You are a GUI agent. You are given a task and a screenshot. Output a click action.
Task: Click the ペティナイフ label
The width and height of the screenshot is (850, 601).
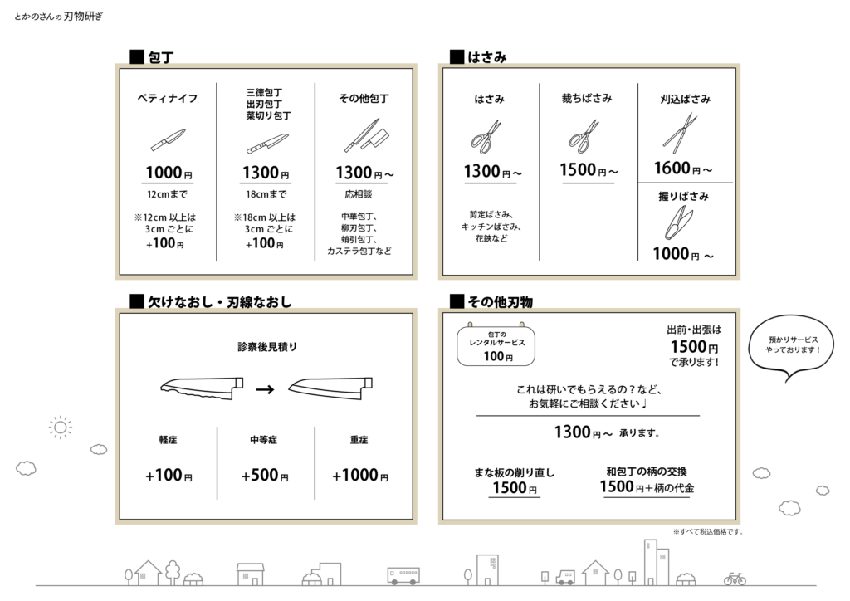pos(167,98)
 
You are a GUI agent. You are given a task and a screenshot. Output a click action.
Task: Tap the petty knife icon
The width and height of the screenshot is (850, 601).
pos(168,139)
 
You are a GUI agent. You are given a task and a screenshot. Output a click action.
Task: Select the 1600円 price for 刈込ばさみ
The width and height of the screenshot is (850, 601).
pos(683,169)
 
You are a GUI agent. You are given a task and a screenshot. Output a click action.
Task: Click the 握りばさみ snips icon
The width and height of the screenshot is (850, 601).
pos(679,222)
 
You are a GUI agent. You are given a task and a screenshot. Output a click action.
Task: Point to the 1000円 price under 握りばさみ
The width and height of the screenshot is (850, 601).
pos(683,254)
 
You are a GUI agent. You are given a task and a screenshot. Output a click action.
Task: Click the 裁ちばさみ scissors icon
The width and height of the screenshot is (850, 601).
pos(584,135)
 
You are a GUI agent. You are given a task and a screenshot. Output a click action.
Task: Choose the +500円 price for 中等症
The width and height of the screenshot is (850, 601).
pos(265,476)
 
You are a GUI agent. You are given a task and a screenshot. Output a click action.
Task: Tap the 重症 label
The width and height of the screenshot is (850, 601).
pos(359,439)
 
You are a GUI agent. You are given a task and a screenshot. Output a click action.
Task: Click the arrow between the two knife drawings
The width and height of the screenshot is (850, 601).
pos(265,389)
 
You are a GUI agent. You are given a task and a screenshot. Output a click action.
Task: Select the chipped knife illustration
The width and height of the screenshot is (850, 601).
pos(202,388)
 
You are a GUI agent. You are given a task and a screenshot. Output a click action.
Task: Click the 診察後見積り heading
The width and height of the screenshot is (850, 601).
pos(267,346)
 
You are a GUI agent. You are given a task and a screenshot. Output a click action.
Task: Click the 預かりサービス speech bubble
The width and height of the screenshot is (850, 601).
pos(791,347)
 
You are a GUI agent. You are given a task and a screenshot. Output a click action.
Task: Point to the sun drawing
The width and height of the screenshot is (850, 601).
pos(60,428)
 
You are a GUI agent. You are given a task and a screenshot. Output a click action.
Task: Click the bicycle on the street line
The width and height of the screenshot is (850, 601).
pos(735,579)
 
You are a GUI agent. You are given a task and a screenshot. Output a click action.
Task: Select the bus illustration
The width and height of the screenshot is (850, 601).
pos(403,575)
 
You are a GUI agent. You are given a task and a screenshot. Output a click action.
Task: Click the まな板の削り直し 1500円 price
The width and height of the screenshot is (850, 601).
pos(515,488)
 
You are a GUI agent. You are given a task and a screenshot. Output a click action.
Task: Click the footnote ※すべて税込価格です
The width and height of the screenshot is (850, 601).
pos(708,531)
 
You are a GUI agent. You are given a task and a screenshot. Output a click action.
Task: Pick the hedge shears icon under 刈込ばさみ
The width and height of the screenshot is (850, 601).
pos(679,133)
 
